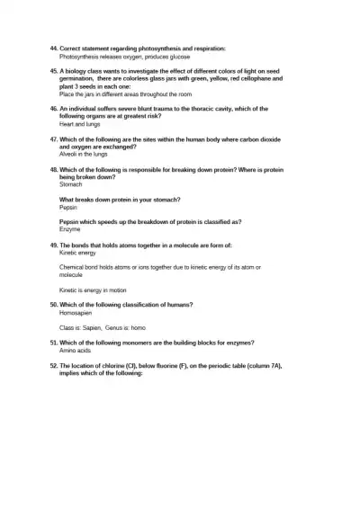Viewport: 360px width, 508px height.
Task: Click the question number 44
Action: point(53,48)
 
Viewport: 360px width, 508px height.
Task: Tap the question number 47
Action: point(53,139)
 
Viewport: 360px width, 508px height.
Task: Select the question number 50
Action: point(53,305)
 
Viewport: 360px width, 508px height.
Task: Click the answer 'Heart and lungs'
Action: point(76,124)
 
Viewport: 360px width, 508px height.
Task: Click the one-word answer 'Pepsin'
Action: point(68,207)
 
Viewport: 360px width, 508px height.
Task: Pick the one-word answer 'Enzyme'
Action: point(69,229)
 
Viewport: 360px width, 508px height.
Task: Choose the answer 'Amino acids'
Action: point(75,351)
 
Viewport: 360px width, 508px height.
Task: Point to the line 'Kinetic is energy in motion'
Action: point(94,290)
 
